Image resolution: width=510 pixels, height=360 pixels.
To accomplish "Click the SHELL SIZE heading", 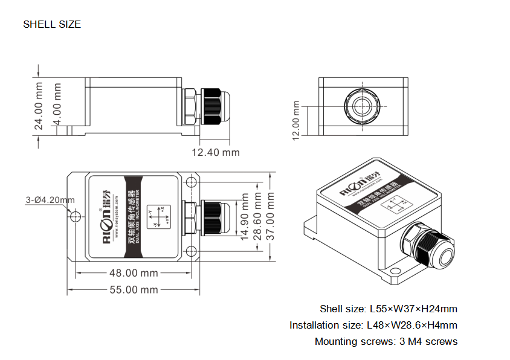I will (x=52, y=25).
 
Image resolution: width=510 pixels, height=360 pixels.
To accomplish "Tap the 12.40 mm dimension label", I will (x=216, y=152).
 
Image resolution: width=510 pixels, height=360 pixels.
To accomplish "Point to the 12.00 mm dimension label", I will (x=296, y=120).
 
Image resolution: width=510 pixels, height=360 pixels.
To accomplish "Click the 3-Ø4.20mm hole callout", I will (x=50, y=200).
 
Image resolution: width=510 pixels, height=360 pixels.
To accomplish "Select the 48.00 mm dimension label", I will (x=133, y=273).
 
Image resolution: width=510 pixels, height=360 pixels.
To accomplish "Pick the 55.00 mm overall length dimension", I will (x=133, y=290).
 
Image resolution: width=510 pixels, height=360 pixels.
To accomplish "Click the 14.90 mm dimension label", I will (x=245, y=216).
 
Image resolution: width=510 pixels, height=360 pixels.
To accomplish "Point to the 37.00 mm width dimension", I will (x=271, y=217).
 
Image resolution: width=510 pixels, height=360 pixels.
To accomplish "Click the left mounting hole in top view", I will (x=75, y=217).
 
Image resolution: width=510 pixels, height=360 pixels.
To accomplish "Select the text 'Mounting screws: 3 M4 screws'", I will (x=386, y=342).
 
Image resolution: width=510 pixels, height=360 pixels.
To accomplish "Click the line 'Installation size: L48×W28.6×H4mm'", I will (x=373, y=326).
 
